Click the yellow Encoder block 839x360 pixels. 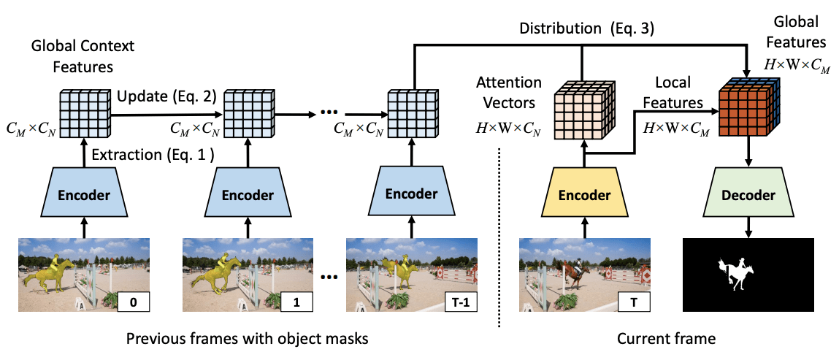coord(584,195)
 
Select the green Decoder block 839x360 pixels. coord(748,195)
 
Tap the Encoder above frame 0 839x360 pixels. coord(84,195)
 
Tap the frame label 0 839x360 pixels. coord(134,299)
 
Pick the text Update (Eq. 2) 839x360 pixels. coord(166,96)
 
